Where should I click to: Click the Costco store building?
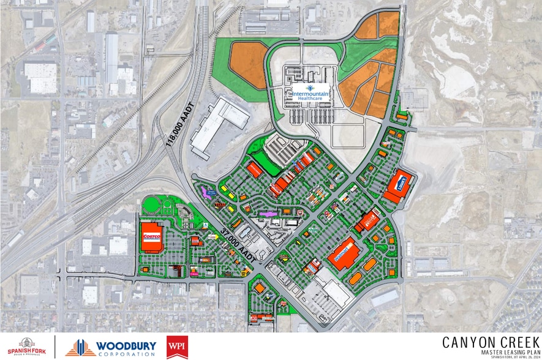click(151, 236)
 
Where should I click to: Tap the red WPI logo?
click(177, 347)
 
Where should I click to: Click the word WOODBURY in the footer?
click(127, 345)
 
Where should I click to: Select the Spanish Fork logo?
click(26, 347)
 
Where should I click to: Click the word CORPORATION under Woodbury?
click(127, 354)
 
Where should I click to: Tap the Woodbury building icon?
click(80, 347)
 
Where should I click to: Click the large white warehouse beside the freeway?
click(217, 126)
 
